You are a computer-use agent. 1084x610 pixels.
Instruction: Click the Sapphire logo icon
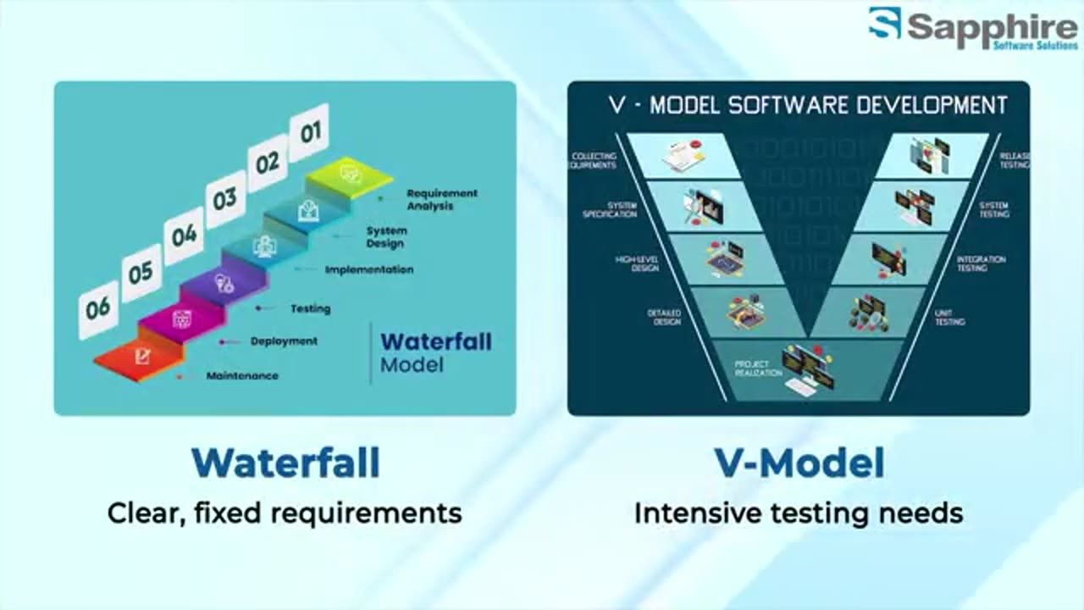(884, 24)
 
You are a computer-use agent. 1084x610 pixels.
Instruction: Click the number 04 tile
(184, 235)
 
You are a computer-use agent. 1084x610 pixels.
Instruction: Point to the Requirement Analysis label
(441, 199)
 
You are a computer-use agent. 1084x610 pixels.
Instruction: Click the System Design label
(386, 237)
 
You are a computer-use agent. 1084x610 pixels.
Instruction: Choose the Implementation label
(369, 269)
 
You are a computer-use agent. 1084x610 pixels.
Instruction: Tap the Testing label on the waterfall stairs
(310, 308)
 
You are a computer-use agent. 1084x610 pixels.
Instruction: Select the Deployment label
(284, 341)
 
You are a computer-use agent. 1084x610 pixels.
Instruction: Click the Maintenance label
(242, 375)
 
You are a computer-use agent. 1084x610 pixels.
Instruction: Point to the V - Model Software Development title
(808, 105)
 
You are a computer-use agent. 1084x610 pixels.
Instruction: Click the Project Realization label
(758, 369)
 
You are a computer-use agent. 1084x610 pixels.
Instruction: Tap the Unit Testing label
(949, 318)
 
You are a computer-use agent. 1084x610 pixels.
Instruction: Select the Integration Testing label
(981, 263)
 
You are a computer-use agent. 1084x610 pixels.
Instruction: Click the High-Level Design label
(637, 263)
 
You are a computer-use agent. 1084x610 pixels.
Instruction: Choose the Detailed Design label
(664, 318)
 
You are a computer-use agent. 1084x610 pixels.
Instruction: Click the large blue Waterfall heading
(285, 463)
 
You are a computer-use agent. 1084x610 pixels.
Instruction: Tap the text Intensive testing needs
(799, 513)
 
